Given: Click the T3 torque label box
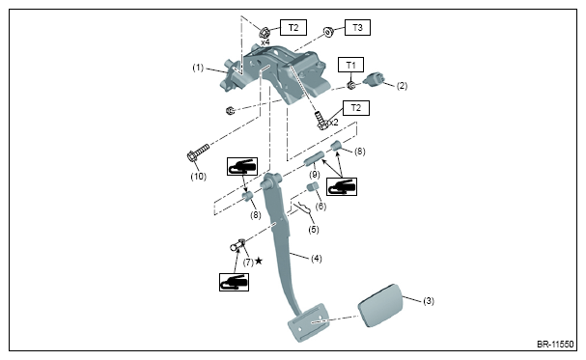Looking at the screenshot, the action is (357, 28).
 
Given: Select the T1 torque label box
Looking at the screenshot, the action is (350, 65).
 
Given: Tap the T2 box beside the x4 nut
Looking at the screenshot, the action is (293, 28).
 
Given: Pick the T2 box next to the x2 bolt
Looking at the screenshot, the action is (356, 108).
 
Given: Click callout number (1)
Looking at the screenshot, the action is (198, 68).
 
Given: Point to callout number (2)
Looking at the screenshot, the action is (402, 86).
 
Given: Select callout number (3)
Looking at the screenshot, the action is (429, 301).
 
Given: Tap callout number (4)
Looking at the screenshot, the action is (317, 259).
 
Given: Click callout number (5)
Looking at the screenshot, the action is (314, 230).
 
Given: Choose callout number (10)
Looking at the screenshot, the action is (199, 177).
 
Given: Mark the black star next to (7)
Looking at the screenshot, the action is (259, 261).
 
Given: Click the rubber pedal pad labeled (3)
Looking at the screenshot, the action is (380, 306).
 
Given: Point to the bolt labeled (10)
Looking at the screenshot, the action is (198, 152).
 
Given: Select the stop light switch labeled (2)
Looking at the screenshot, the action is (374, 79).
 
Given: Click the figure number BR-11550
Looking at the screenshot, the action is (555, 344).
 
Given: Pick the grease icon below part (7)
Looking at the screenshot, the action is (234, 282).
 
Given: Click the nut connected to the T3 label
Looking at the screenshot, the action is (328, 32).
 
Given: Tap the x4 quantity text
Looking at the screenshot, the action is (265, 42).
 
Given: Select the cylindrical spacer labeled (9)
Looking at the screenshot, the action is (314, 158).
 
